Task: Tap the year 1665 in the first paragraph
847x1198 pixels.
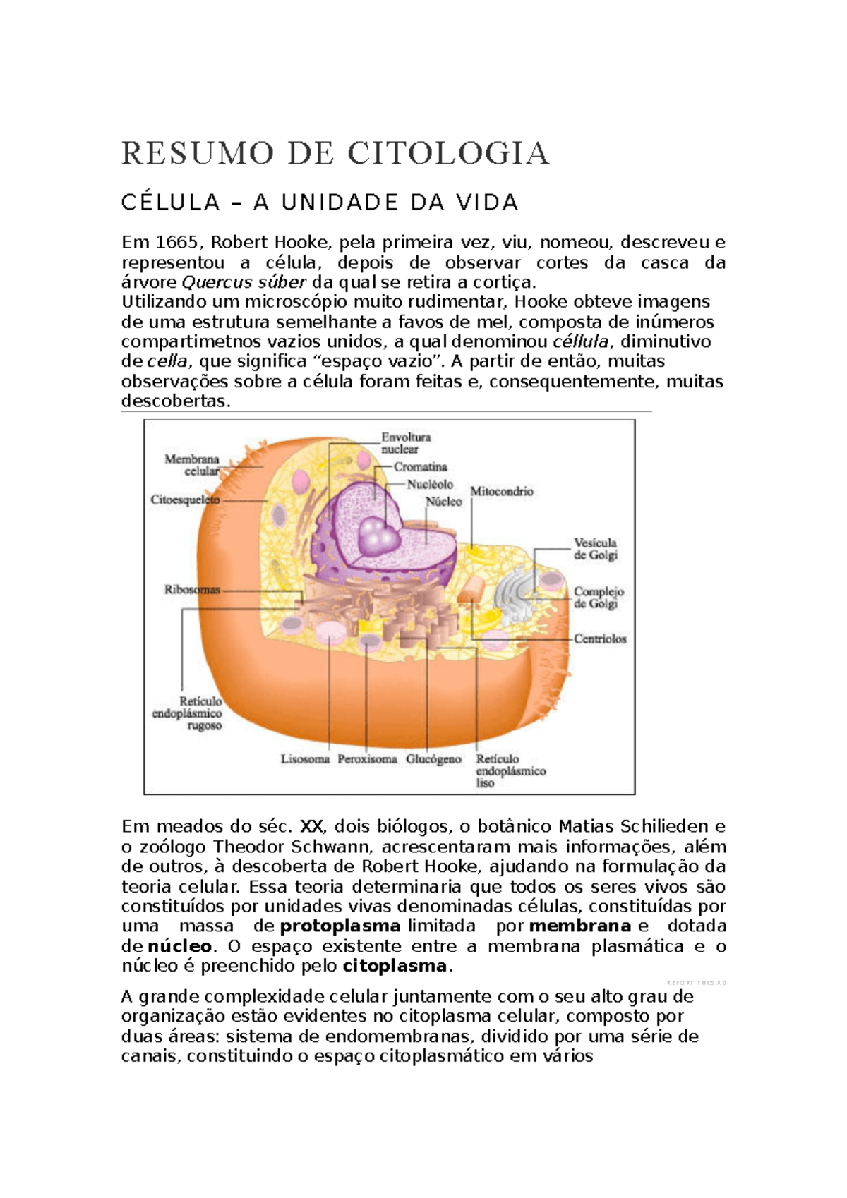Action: (176, 243)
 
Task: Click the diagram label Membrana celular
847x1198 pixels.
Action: (192, 465)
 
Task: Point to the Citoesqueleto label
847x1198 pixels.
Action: (185, 500)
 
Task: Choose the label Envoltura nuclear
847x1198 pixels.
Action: (405, 443)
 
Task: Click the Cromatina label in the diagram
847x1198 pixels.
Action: (420, 467)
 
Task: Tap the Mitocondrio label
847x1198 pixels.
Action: (501, 492)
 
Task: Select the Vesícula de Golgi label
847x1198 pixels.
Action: (595, 549)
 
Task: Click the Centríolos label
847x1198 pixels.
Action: (600, 639)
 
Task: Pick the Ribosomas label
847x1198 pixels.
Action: (192, 590)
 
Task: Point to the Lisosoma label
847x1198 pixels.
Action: (305, 760)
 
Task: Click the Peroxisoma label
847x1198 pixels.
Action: (367, 760)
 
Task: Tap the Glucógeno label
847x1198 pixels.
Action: (433, 760)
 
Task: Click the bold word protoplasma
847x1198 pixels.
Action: (340, 926)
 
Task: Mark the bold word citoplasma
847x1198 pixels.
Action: (395, 966)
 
